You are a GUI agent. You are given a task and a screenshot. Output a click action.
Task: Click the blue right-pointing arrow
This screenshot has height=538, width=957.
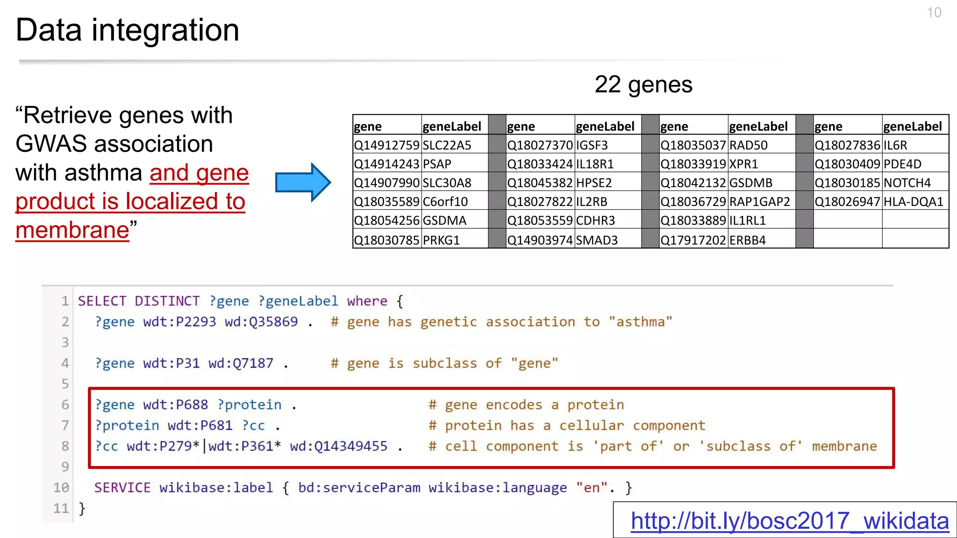tap(303, 182)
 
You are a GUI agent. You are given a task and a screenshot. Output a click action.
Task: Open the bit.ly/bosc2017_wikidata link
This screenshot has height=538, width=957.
tap(789, 521)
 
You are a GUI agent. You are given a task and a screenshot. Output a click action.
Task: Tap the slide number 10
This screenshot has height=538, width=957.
tap(934, 13)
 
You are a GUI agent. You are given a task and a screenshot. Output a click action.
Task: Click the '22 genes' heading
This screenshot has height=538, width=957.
tap(643, 85)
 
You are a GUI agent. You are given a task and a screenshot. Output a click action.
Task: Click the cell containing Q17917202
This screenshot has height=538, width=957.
tap(693, 240)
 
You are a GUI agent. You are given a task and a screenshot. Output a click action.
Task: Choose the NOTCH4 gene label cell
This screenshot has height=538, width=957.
tap(907, 183)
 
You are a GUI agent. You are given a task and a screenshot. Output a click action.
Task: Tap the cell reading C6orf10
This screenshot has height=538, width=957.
tap(445, 202)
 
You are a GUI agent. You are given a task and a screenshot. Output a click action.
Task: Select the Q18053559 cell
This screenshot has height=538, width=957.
tap(540, 220)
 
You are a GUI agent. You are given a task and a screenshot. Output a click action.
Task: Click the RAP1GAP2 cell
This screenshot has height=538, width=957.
tap(760, 202)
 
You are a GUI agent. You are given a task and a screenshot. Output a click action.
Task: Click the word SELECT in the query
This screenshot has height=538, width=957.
tap(102, 301)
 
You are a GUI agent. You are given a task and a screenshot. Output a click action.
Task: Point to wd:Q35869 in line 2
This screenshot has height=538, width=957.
tap(261, 322)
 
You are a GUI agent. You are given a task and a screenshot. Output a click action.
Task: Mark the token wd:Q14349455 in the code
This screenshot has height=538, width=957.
tap(338, 446)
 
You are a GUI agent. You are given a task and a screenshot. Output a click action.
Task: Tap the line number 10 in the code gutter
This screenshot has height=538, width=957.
tap(61, 488)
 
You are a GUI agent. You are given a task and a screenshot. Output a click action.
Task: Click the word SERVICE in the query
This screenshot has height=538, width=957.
tap(122, 488)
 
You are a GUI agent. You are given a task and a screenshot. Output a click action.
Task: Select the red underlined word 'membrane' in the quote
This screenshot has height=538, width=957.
tap(72, 230)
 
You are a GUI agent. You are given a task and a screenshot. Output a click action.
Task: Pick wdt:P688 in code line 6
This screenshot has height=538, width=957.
tap(175, 405)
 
